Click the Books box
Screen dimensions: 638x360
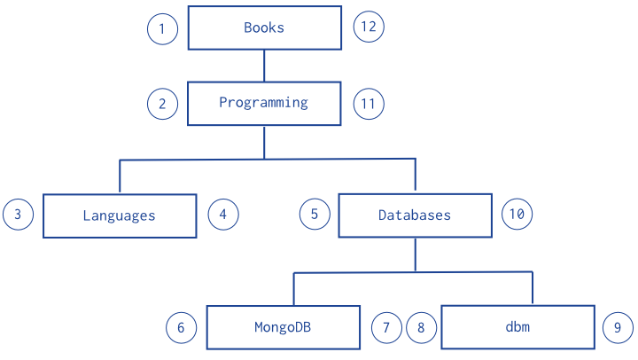(x=264, y=27)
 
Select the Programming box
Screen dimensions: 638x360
(x=264, y=104)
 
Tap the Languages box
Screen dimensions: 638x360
(x=120, y=215)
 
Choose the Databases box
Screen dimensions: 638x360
(x=415, y=215)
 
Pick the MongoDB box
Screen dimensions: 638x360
(x=284, y=327)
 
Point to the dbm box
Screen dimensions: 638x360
(x=518, y=327)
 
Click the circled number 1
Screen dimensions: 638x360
(x=162, y=29)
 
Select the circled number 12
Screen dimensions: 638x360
(x=369, y=27)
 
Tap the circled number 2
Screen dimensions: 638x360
(x=162, y=104)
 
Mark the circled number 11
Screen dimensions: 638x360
(x=369, y=104)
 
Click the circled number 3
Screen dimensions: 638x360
(x=18, y=215)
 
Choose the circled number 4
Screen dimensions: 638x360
(x=223, y=215)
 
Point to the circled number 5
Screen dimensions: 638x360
(x=315, y=215)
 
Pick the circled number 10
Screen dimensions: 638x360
(x=517, y=215)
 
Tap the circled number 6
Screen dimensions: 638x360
(x=181, y=328)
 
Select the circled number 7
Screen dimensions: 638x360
(x=386, y=328)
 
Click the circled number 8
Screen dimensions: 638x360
(x=421, y=328)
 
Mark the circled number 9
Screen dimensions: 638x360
(x=618, y=328)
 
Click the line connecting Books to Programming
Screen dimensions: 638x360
(x=264, y=66)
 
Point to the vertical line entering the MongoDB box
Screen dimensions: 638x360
(x=294, y=289)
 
